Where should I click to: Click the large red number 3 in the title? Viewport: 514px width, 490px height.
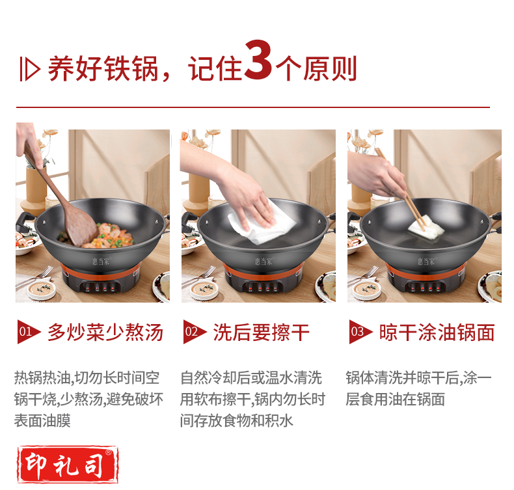click(258, 60)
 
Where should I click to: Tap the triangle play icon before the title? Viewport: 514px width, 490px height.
click(31, 69)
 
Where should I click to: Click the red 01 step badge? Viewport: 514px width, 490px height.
click(28, 332)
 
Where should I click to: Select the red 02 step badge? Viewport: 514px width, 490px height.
click(194, 332)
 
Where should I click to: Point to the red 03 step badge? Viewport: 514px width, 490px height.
click(360, 332)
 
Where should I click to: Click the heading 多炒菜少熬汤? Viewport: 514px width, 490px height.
click(105, 333)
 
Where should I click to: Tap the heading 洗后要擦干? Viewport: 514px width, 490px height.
click(262, 333)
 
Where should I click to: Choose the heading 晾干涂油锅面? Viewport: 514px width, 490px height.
click(437, 333)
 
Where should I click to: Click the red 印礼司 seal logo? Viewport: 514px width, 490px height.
click(68, 465)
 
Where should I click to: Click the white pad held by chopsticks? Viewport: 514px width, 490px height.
click(426, 227)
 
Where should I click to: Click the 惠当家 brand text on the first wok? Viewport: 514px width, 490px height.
click(101, 261)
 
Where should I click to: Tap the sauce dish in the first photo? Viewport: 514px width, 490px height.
click(41, 289)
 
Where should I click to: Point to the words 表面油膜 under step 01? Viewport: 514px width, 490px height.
click(42, 420)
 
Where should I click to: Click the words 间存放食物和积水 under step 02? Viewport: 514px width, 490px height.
click(236, 420)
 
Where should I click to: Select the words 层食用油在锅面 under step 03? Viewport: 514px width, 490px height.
click(396, 399)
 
